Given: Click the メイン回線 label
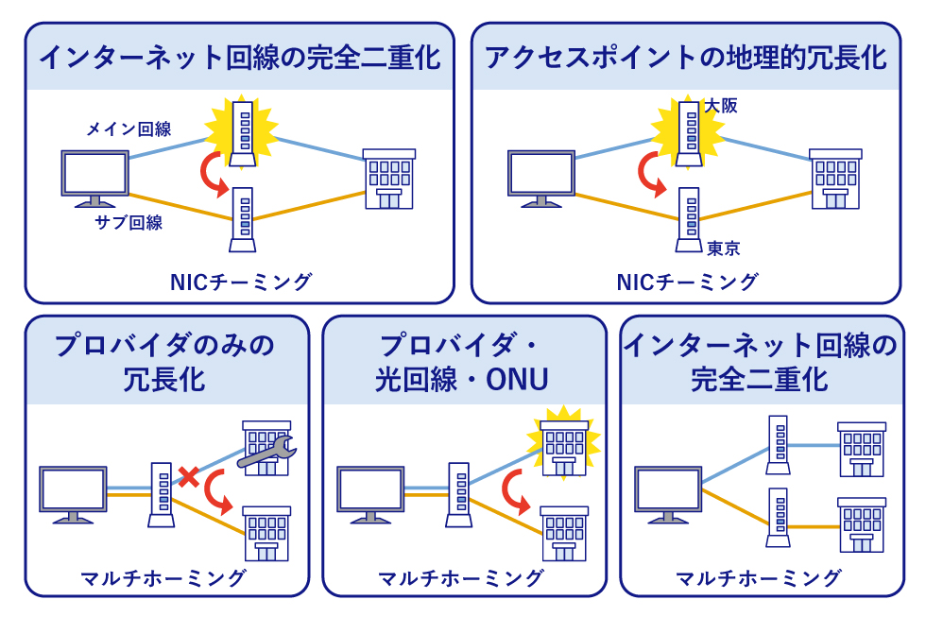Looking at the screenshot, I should [x=129, y=129].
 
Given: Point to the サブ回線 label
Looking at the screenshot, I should [x=129, y=222].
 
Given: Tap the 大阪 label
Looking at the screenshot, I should [x=720, y=106].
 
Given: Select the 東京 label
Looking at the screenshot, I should [x=723, y=249].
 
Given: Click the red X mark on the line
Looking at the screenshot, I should [x=189, y=477].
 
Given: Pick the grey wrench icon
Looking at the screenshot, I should [x=267, y=453].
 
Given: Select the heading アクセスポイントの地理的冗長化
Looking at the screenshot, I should [x=685, y=58].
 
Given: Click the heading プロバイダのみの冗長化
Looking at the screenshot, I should [x=166, y=362].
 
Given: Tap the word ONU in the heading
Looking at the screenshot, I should [x=517, y=380].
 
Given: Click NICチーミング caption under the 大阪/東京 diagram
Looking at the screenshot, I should [x=687, y=282].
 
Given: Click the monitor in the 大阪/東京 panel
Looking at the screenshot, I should [x=540, y=178].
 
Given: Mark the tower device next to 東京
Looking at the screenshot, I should [x=689, y=219].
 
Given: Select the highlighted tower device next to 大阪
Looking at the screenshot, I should [x=689, y=132].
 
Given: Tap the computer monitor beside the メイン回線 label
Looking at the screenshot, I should [x=94, y=178].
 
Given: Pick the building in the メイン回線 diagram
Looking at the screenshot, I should [x=389, y=178].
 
